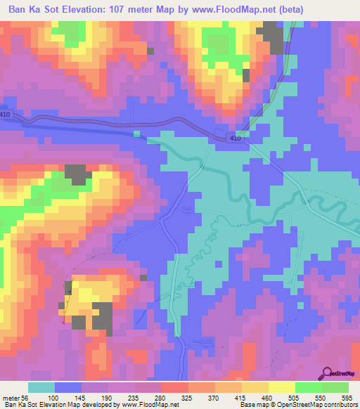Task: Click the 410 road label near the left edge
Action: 6,114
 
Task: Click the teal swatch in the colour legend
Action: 41,388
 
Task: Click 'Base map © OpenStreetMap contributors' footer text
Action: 307,405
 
